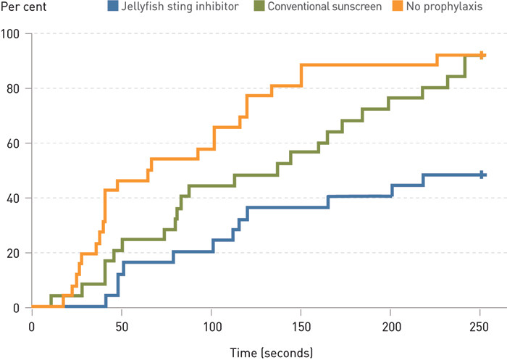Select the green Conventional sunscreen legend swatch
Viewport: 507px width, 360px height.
tap(259, 8)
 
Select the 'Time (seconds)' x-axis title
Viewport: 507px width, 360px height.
tap(272, 353)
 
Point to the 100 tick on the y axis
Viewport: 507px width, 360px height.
tap(11, 34)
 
